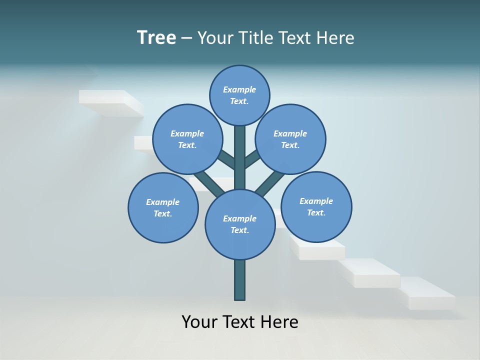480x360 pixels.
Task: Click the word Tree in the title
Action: (156, 37)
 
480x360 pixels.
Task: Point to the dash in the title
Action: (187, 38)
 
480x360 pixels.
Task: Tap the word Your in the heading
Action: (216, 38)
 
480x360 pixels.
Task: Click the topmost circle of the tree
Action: (239, 95)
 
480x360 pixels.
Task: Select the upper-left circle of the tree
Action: (187, 139)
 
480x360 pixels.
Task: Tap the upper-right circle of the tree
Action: (290, 139)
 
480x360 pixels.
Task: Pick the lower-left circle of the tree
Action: (163, 207)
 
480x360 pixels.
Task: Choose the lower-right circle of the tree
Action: (316, 206)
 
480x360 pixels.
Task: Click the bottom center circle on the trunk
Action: (239, 224)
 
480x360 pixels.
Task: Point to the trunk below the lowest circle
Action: (239, 280)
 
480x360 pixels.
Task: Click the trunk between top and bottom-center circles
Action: (239, 157)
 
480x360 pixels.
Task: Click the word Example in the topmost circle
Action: (239, 89)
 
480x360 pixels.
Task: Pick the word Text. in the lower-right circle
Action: (316, 212)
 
